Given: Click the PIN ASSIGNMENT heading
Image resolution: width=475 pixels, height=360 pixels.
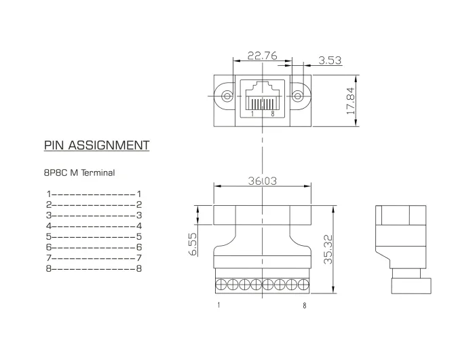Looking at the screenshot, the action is (x=96, y=145).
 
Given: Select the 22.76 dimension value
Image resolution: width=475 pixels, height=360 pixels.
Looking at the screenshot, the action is (x=263, y=56).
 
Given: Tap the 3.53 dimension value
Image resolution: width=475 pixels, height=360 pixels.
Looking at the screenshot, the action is (x=330, y=60).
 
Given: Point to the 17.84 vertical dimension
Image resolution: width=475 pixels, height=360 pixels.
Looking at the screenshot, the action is (x=351, y=101).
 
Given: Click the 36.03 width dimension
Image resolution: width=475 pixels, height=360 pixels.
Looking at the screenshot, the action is (x=263, y=181).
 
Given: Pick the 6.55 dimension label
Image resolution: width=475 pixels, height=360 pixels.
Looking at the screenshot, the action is (x=193, y=244).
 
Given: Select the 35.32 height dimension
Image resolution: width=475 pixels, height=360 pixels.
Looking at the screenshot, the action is (x=328, y=249).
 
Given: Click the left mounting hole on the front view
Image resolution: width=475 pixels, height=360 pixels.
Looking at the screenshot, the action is (x=227, y=96).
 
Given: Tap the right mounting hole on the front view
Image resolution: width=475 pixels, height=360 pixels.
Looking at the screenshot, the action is (x=298, y=96).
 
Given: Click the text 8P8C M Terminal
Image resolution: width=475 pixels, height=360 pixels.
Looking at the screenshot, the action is (x=79, y=173).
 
